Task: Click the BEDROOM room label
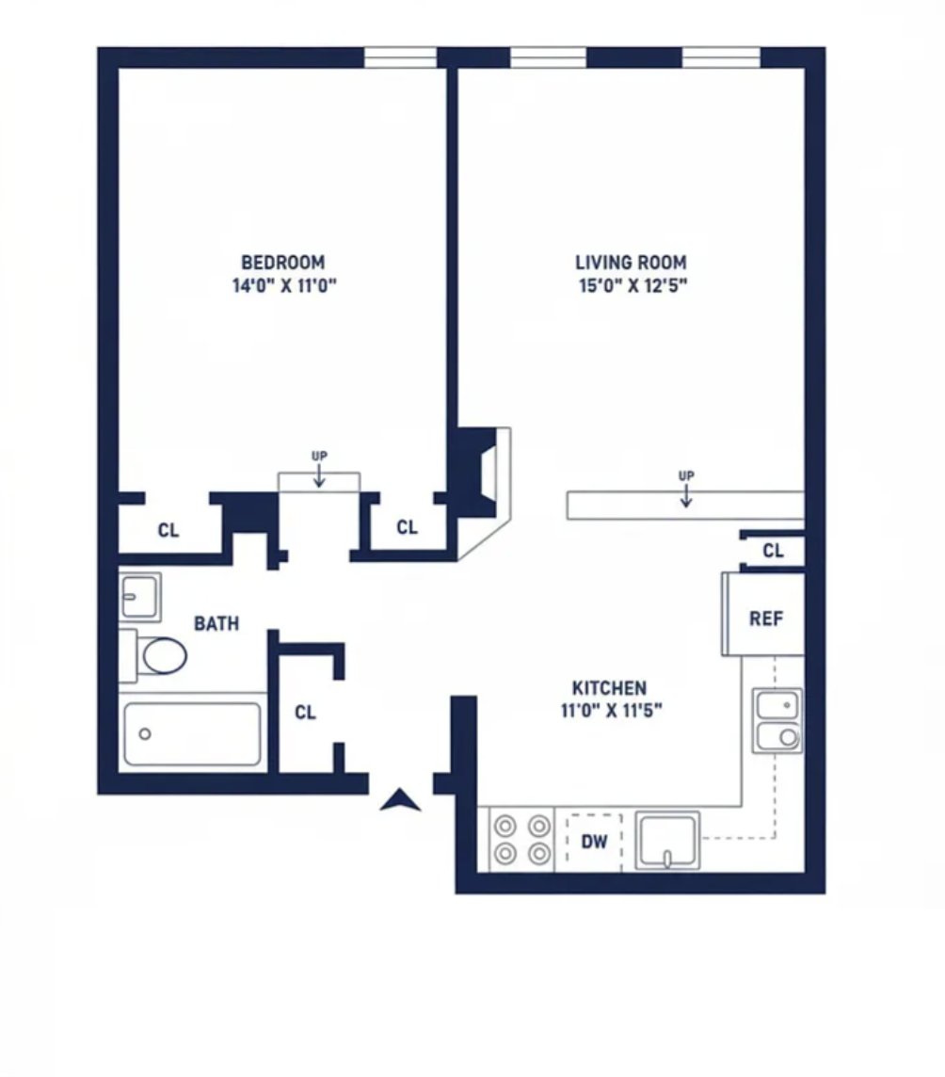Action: [x=283, y=263]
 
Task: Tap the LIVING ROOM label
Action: [x=631, y=263]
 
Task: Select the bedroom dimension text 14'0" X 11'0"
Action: [x=284, y=286]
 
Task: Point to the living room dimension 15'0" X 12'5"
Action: [x=633, y=286]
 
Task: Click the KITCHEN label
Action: [x=609, y=687]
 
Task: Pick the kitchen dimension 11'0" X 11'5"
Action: [x=611, y=710]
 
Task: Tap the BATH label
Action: [x=216, y=623]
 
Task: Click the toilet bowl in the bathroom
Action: [x=164, y=655]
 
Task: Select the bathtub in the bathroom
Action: [x=192, y=733]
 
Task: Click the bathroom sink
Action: [x=140, y=597]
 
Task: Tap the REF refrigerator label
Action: [x=766, y=619]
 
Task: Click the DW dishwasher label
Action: [x=594, y=842]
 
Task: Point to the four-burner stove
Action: [x=522, y=840]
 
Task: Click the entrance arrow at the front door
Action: [x=400, y=800]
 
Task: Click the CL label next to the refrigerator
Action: [x=774, y=551]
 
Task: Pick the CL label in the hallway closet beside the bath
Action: [x=306, y=713]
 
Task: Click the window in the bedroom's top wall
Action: [x=400, y=57]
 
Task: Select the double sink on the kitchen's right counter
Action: [x=777, y=720]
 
